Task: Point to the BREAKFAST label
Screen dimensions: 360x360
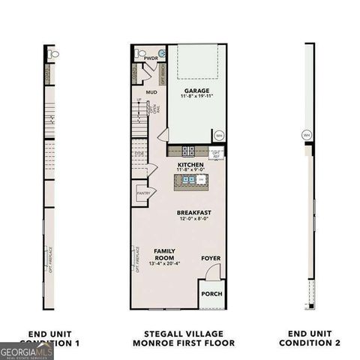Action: (x=194, y=213)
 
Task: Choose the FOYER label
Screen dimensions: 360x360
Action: (x=211, y=258)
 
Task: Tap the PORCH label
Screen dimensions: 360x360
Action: (x=211, y=294)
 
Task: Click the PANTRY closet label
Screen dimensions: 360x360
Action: (x=143, y=193)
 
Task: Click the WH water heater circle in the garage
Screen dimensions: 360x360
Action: (x=219, y=136)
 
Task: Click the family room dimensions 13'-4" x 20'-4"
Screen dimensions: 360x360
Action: (x=164, y=264)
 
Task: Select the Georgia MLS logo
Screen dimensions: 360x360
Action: (x=27, y=350)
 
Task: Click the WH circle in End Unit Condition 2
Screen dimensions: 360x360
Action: (x=306, y=135)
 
